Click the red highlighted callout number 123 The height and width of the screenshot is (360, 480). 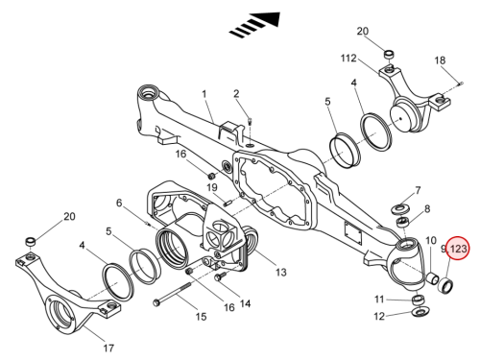(x=459, y=249)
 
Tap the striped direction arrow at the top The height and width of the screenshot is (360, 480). (x=255, y=25)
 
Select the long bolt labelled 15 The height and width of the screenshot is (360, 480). (x=172, y=293)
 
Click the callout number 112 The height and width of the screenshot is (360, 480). (x=348, y=59)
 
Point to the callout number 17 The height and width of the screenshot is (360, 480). (x=108, y=348)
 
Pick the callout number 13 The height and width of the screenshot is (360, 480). (x=280, y=273)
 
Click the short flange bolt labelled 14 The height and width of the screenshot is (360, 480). (x=221, y=276)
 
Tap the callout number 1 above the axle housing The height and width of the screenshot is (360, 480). (x=204, y=94)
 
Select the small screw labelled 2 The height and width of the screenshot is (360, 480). (x=251, y=121)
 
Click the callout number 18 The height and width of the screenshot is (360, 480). (x=440, y=60)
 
